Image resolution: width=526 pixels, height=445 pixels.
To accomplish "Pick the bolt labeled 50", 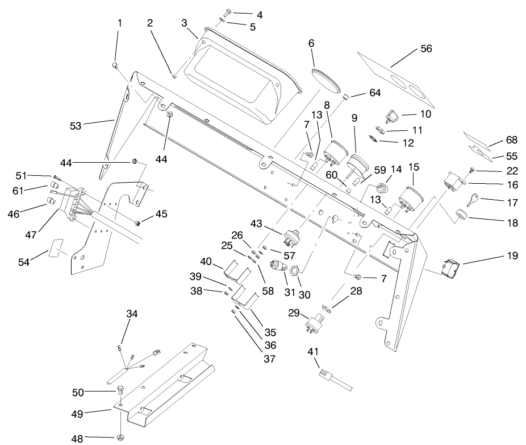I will pos(120,391).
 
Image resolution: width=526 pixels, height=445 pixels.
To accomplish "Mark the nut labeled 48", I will pos(120,437).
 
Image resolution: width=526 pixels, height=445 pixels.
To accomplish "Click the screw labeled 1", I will pos(115,65).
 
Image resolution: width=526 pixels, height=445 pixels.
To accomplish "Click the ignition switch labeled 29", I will pos(314,323).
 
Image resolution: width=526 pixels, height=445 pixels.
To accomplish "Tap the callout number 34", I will pos(132,314).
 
